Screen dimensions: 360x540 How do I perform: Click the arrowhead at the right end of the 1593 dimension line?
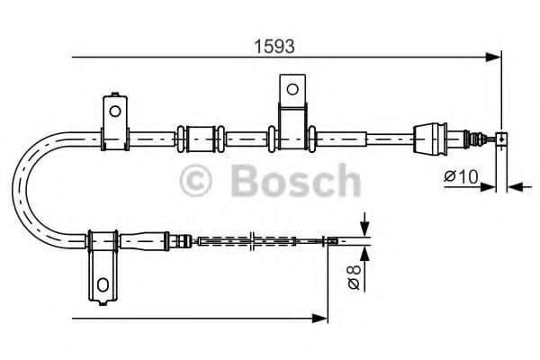494,58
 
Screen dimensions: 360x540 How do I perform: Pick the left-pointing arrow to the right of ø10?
512,187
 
